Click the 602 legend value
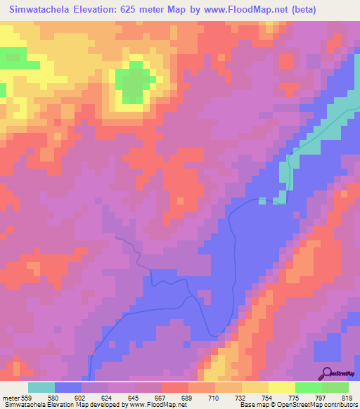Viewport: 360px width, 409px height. click(82, 397)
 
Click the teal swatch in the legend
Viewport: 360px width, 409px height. click(41, 387)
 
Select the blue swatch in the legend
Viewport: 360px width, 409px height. click(68, 387)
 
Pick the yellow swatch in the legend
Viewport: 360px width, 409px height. click(281, 387)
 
